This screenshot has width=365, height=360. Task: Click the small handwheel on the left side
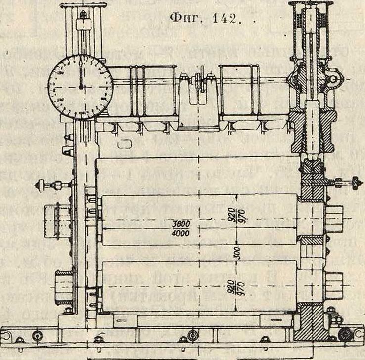click(39, 185)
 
